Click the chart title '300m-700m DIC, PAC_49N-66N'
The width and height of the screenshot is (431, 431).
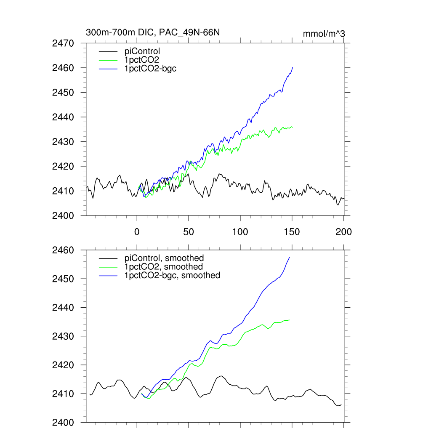[x=153, y=32]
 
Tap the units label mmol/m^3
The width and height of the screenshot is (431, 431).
[x=324, y=33]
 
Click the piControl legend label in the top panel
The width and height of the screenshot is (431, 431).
[x=142, y=51]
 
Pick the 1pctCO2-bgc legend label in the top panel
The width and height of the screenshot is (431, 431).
[x=150, y=69]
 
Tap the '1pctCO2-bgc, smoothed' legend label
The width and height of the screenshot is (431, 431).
[x=172, y=275]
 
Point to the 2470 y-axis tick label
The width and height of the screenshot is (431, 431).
[x=63, y=43]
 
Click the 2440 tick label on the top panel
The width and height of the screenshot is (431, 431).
[x=63, y=117]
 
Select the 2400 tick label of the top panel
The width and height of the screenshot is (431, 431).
[x=63, y=215]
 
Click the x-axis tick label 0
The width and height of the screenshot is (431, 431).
[x=137, y=231]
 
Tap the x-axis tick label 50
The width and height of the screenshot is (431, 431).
[x=189, y=231]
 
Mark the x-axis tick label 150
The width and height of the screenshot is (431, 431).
[x=292, y=231]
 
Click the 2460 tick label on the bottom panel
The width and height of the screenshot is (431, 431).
[x=63, y=250]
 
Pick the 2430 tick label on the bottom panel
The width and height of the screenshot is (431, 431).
[x=63, y=336]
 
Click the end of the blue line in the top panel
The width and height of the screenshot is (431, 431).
[x=293, y=67]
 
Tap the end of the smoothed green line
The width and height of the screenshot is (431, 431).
[x=290, y=320]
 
